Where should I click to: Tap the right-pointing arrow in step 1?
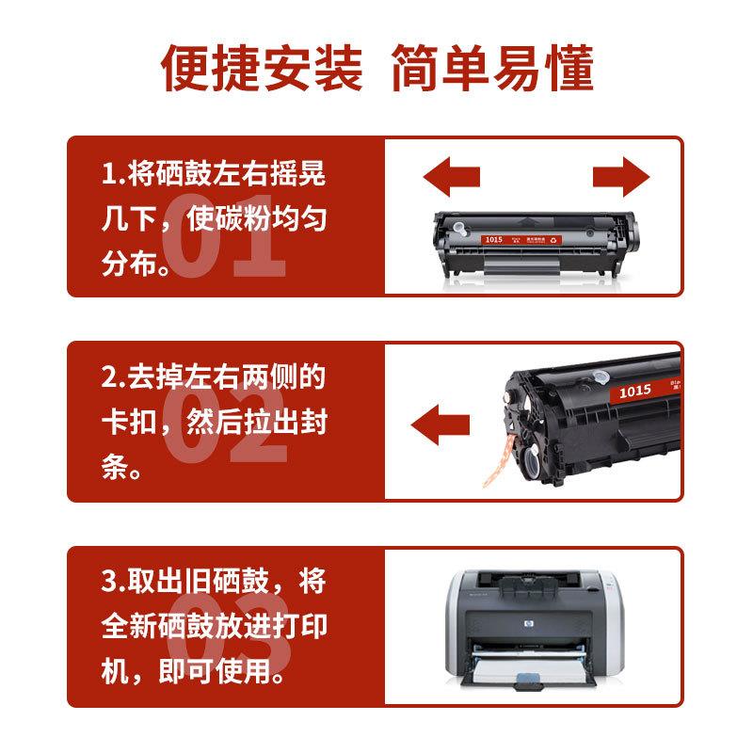click(621, 176)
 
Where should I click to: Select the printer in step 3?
click(533, 630)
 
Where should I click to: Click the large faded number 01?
click(224, 241)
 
